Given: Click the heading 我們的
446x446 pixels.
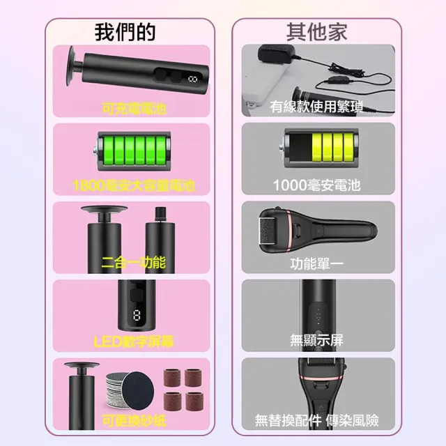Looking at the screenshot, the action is [125, 32].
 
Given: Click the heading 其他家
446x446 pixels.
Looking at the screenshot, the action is [317, 32].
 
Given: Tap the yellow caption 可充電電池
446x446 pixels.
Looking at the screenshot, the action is [134, 109].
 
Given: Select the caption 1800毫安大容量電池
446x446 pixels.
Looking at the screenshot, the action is [134, 185].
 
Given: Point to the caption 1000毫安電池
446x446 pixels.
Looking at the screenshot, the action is [317, 185].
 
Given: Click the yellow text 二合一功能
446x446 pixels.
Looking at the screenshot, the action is [134, 262].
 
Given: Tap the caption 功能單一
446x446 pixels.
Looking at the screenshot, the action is [316, 263].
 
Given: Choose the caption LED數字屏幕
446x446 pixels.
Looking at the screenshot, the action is [134, 341].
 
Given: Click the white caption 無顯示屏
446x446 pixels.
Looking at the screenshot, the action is [316, 340].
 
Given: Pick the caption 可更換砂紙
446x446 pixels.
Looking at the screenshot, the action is [134, 420].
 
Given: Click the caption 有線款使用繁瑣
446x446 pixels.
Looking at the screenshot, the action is [316, 107].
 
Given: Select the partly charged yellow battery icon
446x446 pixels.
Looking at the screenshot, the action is [320, 148].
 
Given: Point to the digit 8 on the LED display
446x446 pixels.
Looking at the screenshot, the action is [137, 316].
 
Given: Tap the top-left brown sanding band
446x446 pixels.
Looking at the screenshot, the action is [172, 378].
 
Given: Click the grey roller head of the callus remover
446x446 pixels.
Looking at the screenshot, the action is [266, 231].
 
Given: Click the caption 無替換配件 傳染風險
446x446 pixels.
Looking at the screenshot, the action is [317, 420].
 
